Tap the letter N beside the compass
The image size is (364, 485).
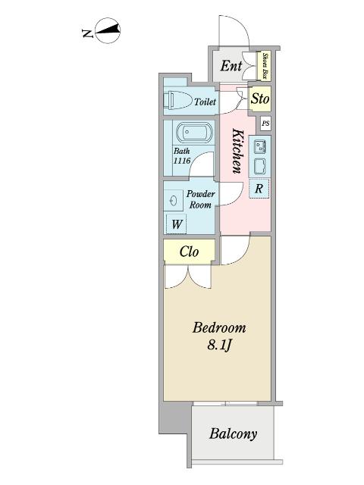pyautogui.click(x=87, y=33)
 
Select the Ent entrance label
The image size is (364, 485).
pyautogui.click(x=231, y=67)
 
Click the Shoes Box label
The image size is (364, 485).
pyautogui.click(x=266, y=66)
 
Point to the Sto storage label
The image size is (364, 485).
pyautogui.click(x=259, y=99)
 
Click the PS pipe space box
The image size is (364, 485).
pyautogui.click(x=265, y=124)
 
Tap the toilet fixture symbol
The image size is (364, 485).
pyautogui.click(x=177, y=100)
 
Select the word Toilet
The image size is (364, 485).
pyautogui.click(x=205, y=102)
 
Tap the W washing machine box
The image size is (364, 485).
pyautogui.click(x=176, y=224)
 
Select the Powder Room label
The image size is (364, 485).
pyautogui.click(x=201, y=199)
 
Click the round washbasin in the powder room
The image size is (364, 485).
pyautogui.click(x=173, y=199)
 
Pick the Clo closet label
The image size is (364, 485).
pyautogui.click(x=190, y=252)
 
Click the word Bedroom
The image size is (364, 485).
pyautogui.click(x=219, y=328)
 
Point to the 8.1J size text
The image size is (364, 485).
pyautogui.click(x=219, y=347)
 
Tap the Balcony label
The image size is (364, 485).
pyautogui.click(x=233, y=434)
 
